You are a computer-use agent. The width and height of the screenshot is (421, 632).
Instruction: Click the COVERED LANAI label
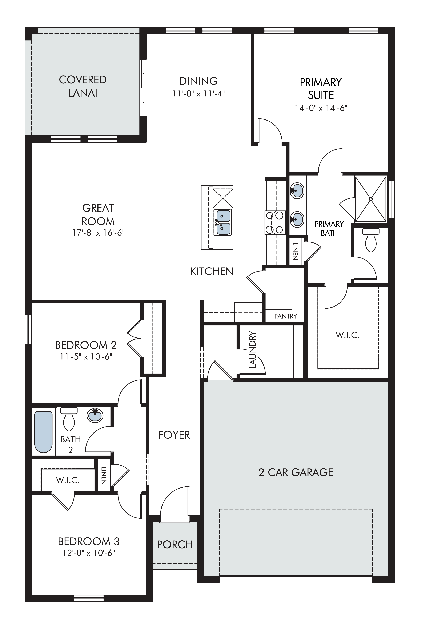pyautogui.click(x=83, y=86)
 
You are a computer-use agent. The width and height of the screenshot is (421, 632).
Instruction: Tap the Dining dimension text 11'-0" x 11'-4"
pyautogui.click(x=199, y=94)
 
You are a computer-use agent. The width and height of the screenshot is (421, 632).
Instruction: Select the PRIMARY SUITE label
pyautogui.click(x=321, y=89)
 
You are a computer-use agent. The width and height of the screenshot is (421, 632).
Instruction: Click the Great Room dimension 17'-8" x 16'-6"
pyautogui.click(x=98, y=232)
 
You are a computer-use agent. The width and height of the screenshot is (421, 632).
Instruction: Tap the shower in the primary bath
pyautogui.click(x=371, y=199)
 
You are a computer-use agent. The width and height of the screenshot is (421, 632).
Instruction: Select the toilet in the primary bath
pyautogui.click(x=371, y=240)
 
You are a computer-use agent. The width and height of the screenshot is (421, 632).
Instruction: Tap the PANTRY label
pyautogui.click(x=286, y=316)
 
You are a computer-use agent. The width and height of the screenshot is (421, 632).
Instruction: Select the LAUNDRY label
pyautogui.click(x=253, y=349)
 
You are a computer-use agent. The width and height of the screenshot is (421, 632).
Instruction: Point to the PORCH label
pyautogui.click(x=175, y=545)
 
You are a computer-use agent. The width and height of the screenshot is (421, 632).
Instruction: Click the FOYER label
pyautogui.click(x=174, y=435)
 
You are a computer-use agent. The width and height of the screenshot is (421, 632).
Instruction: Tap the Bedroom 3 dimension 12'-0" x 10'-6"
pyautogui.click(x=89, y=553)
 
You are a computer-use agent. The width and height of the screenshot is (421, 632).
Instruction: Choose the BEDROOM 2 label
pyautogui.click(x=86, y=345)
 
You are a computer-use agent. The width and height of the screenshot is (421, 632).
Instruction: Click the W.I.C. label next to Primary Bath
pyautogui.click(x=348, y=335)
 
